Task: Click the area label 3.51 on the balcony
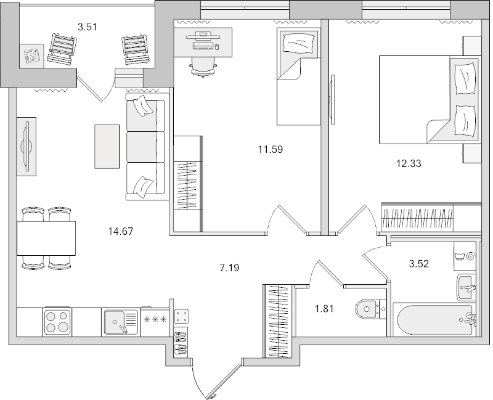click(x=88, y=27)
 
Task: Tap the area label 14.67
click(x=121, y=232)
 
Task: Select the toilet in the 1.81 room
click(x=370, y=307)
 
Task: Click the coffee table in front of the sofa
click(x=107, y=145)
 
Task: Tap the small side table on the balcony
click(x=30, y=56)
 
